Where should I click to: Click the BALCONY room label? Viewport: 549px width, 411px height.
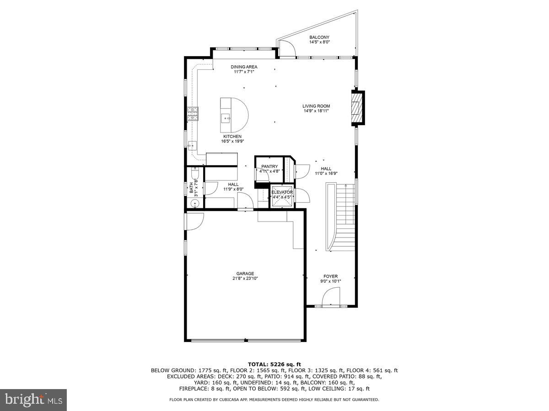click(x=319, y=37)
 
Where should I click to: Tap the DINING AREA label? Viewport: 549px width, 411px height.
click(x=243, y=67)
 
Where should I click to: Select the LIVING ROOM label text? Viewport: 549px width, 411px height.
click(x=316, y=106)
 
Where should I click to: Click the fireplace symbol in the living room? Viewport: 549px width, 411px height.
click(x=358, y=108)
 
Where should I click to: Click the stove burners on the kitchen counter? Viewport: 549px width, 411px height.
click(x=193, y=113)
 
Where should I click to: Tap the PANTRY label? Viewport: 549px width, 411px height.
click(x=269, y=167)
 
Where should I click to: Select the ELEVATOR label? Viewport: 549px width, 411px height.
click(x=282, y=192)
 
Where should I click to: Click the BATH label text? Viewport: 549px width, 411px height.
click(x=191, y=188)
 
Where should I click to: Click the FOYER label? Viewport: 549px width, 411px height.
click(x=330, y=276)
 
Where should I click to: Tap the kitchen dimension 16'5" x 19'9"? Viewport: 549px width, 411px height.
click(x=232, y=141)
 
